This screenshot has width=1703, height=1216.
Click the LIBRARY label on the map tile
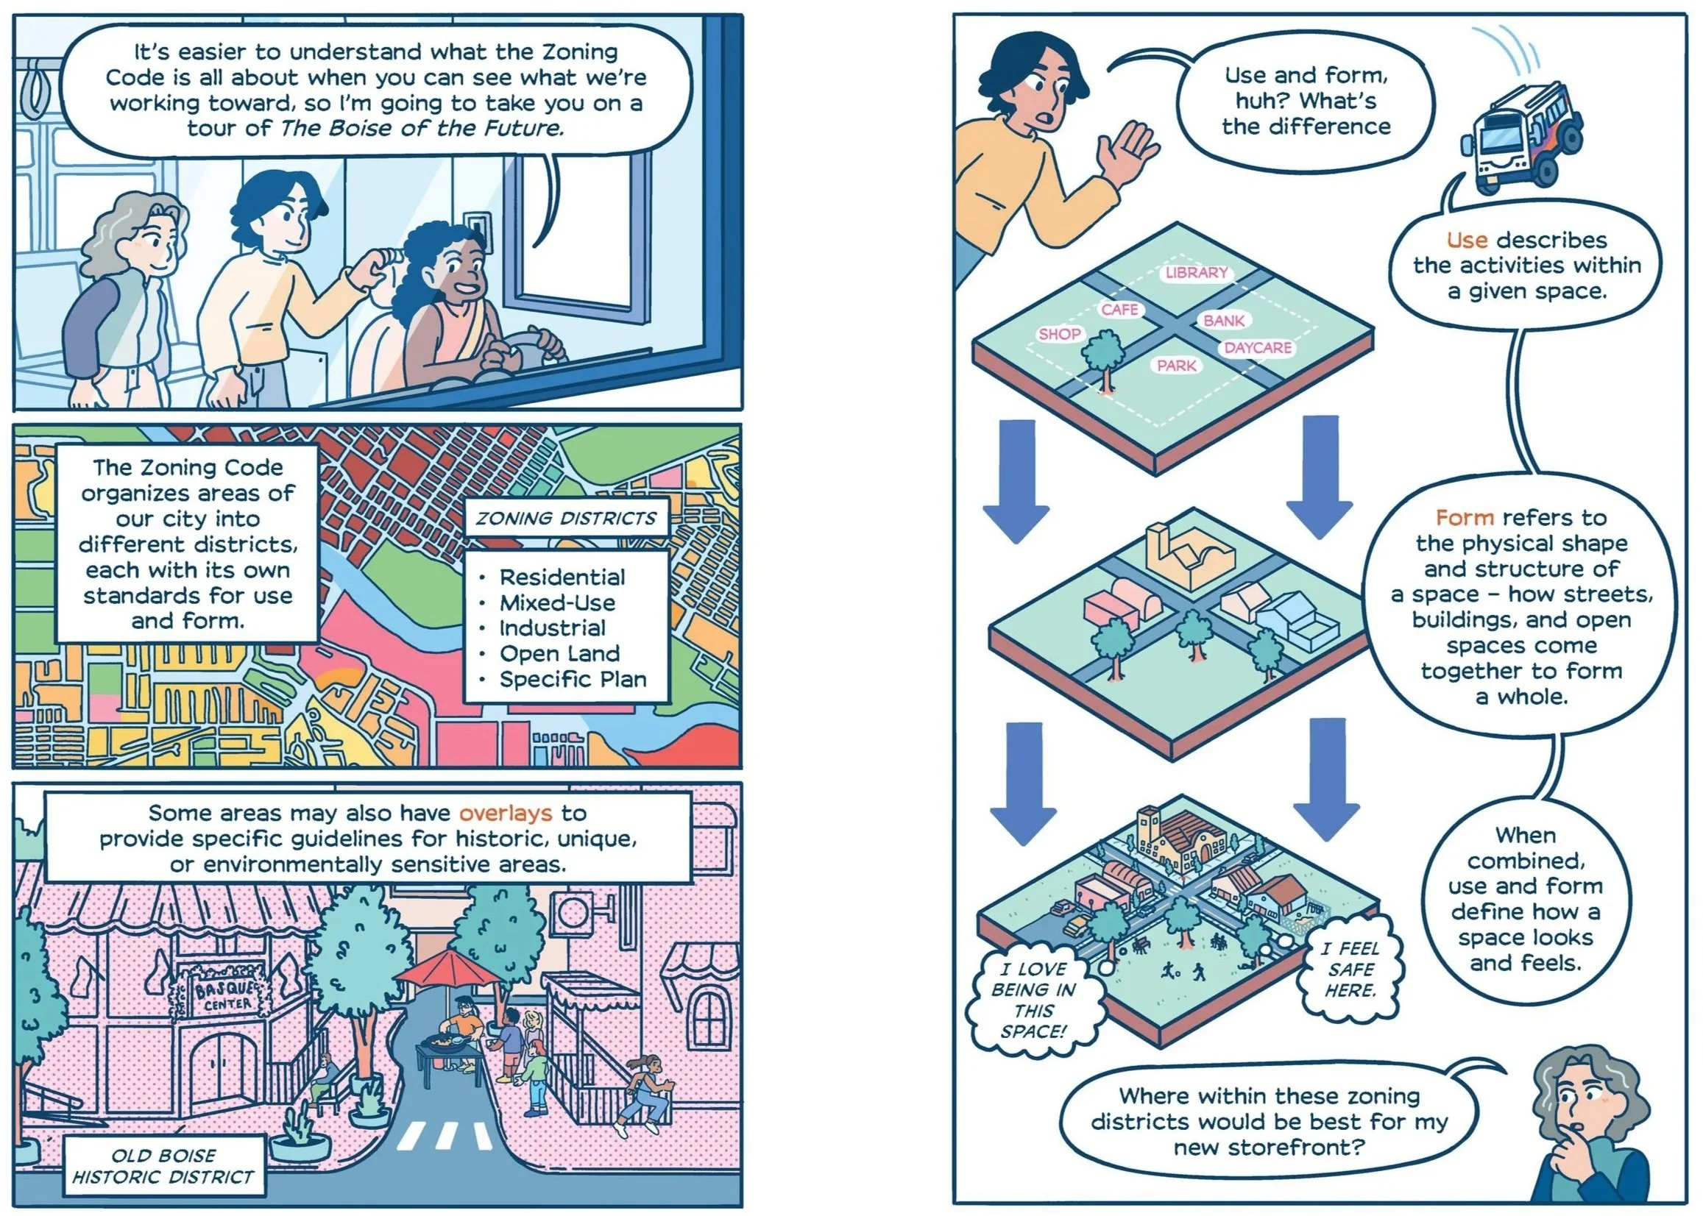pos(1196,272)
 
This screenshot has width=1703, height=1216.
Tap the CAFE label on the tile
pos(1119,309)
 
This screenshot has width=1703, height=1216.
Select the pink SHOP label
pos(1059,334)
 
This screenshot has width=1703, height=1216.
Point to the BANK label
pos(1224,321)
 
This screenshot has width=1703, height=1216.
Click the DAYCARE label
pos(1258,347)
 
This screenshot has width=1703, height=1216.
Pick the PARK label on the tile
pos(1177,366)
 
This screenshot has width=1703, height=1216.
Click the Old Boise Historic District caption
pos(163,1166)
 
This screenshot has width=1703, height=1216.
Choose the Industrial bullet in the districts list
pos(553,627)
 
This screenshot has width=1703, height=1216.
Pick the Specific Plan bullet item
pos(573,679)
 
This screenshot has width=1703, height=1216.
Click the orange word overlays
pos(506,813)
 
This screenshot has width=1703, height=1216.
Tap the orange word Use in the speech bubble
pos(1466,241)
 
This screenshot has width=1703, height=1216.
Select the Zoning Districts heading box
pos(566,518)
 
